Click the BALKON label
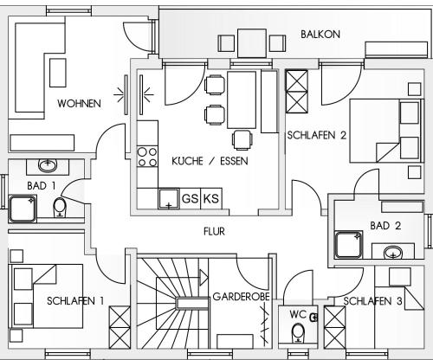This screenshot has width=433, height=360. [x=320, y=35]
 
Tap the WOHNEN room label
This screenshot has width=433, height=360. [x=79, y=104]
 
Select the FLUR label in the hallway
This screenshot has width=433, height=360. [x=214, y=231]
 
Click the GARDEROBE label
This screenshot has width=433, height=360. [x=241, y=297]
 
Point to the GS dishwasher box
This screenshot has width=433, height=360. [x=190, y=199]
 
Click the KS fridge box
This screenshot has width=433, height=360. [x=211, y=199]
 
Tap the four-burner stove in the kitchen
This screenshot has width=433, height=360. [x=147, y=157]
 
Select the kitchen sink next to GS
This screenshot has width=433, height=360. [x=169, y=199]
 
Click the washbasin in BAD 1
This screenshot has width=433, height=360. [x=48, y=165]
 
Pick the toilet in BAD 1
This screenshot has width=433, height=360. [x=60, y=207]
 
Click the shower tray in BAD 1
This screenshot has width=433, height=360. [x=23, y=209]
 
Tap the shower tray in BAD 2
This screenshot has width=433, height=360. [x=348, y=245]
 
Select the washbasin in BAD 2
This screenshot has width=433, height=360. [x=393, y=252]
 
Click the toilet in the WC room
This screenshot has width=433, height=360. [x=298, y=332]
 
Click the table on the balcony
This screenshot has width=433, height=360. [x=252, y=43]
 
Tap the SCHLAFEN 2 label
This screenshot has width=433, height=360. [x=316, y=135]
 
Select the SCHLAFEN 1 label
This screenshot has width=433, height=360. [x=75, y=301]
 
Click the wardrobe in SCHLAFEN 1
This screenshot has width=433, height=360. [x=120, y=327]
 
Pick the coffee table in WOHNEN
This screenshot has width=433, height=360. [x=58, y=73]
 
